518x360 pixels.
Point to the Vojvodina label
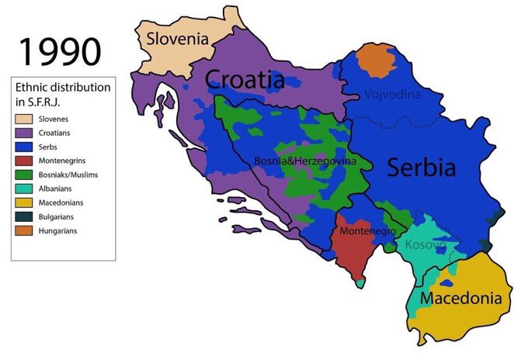click(392, 95)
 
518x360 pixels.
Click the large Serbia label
click(422, 167)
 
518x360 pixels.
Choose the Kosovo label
click(424, 245)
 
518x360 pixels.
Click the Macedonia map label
click(460, 297)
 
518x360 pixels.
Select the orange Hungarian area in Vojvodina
click(376, 61)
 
